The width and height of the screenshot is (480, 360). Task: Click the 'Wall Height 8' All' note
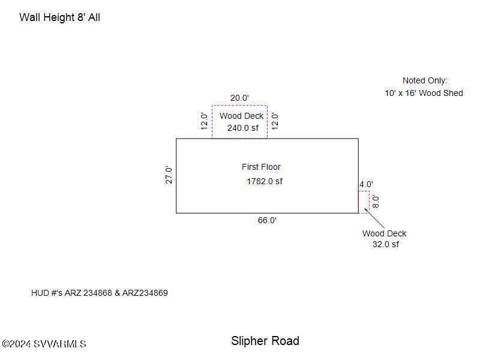(x=59, y=17)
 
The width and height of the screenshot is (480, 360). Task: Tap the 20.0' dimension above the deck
(x=239, y=98)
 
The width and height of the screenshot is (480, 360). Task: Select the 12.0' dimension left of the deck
(x=204, y=121)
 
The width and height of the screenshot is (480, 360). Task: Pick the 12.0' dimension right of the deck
(x=275, y=121)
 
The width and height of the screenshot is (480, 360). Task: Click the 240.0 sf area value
(x=243, y=128)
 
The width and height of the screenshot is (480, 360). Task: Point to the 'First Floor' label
(x=261, y=167)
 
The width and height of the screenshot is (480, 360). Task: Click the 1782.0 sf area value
(x=265, y=181)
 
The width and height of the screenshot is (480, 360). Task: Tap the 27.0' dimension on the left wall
(x=169, y=175)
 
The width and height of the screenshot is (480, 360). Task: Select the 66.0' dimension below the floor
(x=267, y=220)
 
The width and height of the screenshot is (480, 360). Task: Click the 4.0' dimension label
(x=366, y=184)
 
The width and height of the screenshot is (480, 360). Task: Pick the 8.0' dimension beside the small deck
(x=376, y=202)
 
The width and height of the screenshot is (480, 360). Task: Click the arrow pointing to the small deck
(x=374, y=218)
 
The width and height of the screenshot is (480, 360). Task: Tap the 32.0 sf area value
(x=386, y=244)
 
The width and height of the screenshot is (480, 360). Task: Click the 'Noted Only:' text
(x=425, y=80)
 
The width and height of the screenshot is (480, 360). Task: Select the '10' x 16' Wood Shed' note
(x=424, y=93)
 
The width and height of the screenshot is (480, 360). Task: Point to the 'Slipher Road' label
(x=265, y=341)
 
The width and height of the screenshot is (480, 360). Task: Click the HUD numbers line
(x=100, y=293)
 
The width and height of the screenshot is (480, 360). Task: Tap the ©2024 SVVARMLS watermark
(x=44, y=344)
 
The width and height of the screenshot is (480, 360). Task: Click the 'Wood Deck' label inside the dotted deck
(x=242, y=116)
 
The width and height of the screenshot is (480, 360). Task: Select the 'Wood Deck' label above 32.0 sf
(x=384, y=233)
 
